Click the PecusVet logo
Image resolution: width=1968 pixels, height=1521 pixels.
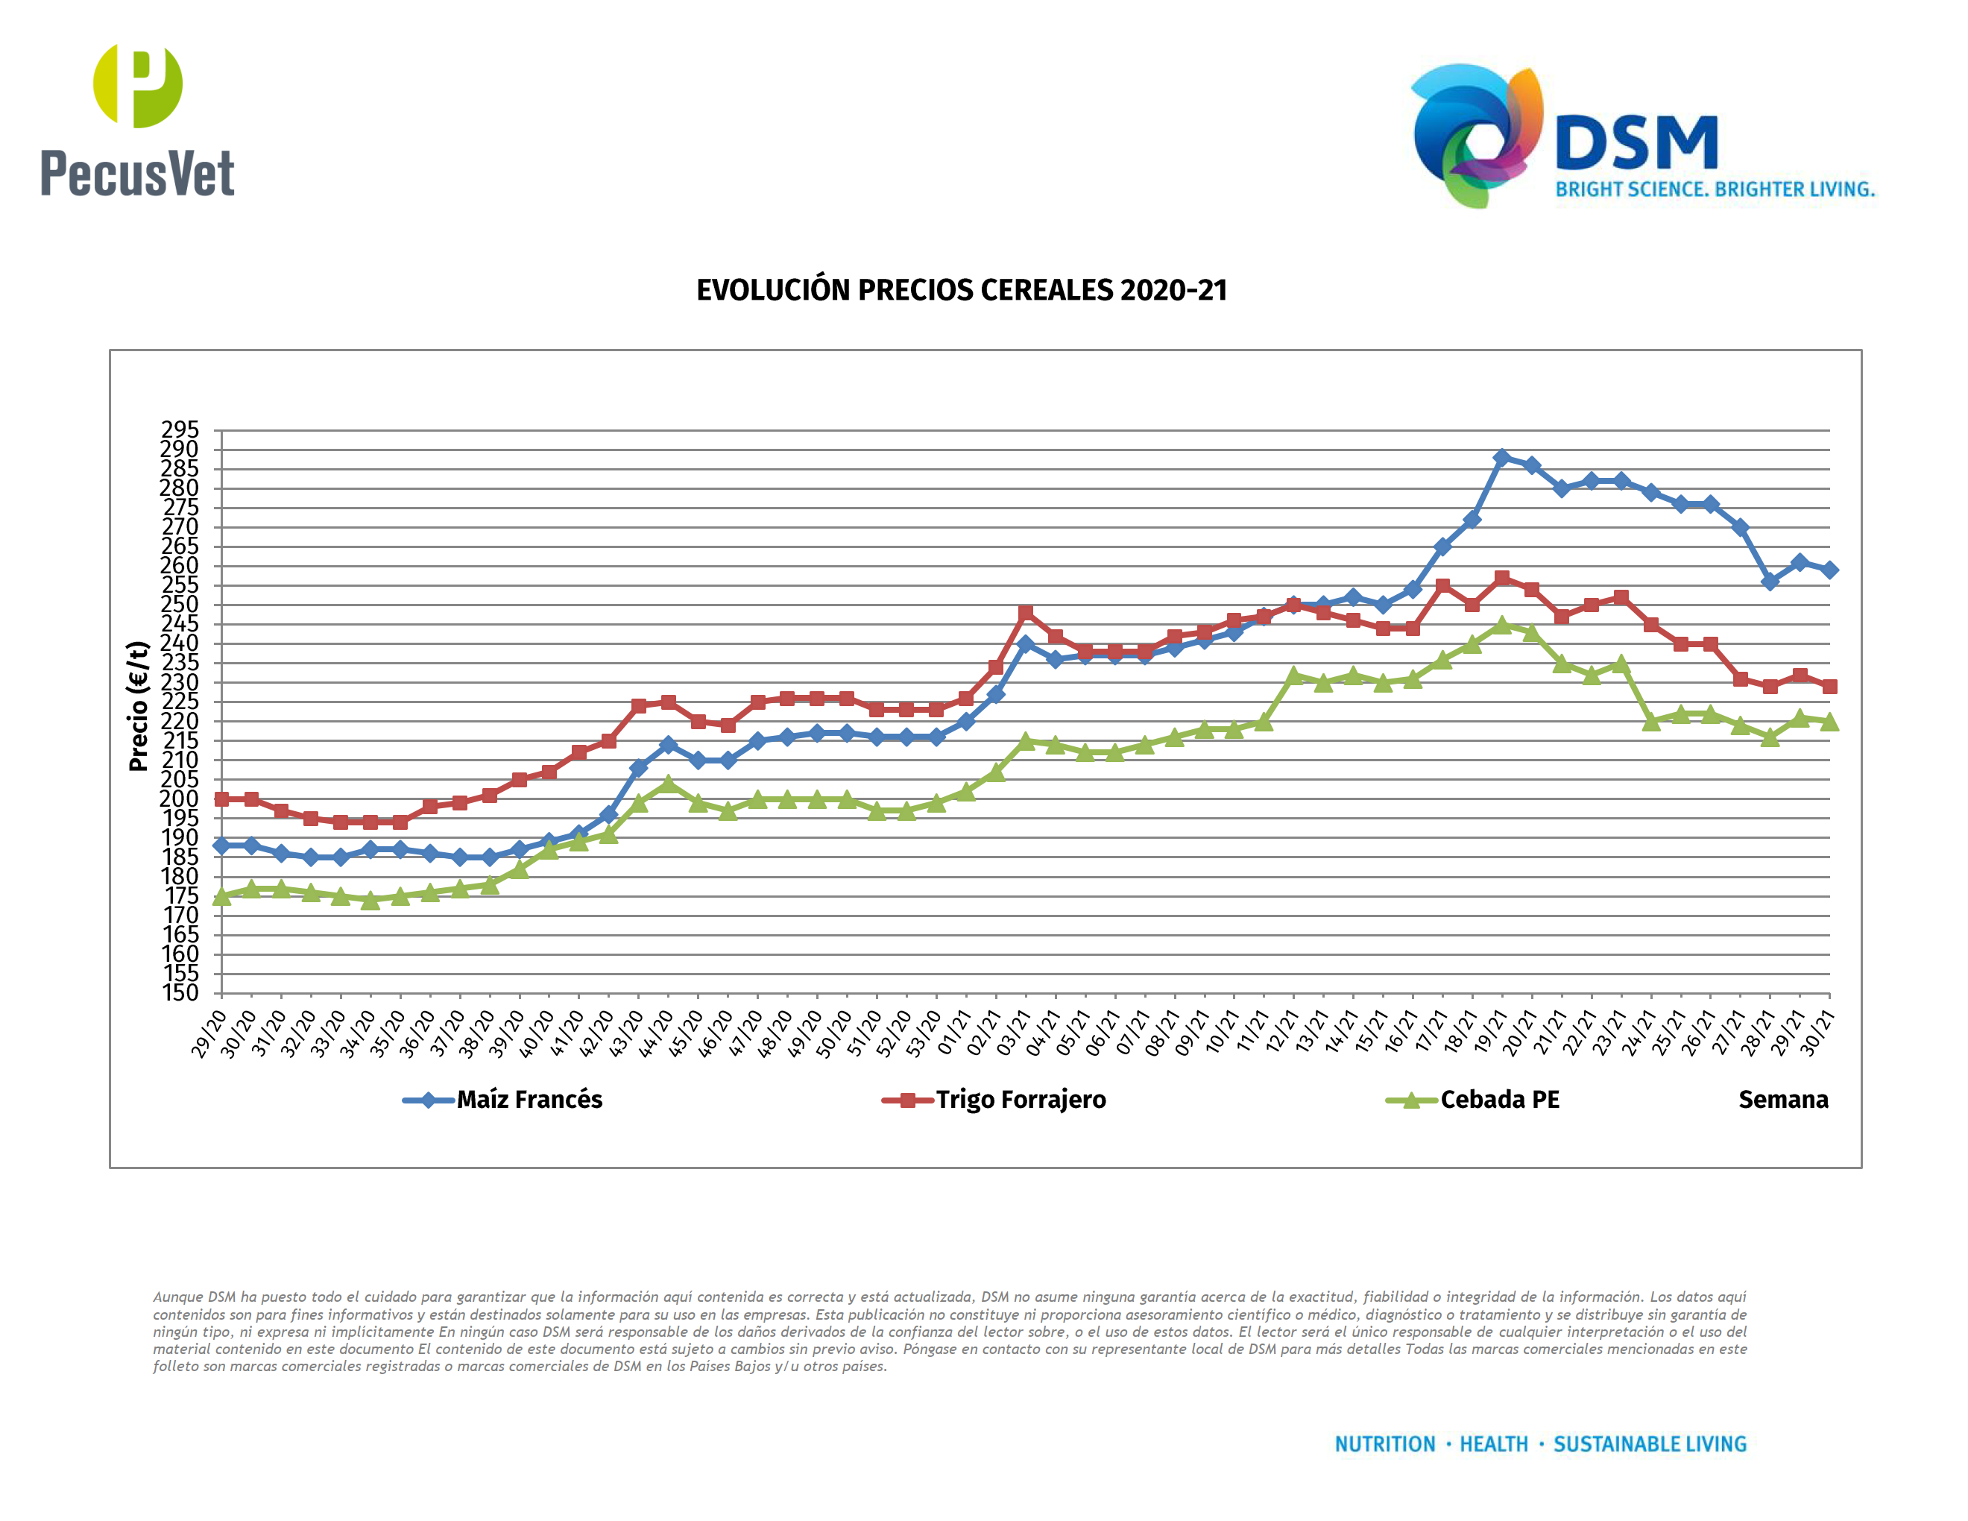(137, 120)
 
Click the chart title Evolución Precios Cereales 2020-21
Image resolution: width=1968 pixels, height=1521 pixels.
(962, 290)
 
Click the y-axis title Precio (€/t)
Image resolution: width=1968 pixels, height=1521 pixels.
(137, 706)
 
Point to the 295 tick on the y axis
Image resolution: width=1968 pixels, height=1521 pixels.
(180, 429)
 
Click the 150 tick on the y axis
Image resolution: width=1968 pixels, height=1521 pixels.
(180, 993)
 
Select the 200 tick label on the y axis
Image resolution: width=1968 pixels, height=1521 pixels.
(180, 799)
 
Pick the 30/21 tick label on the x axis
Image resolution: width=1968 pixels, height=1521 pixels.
(1817, 1033)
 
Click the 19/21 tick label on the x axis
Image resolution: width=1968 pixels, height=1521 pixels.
(1490, 1033)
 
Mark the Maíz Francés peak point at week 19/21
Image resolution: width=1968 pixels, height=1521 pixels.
(1502, 458)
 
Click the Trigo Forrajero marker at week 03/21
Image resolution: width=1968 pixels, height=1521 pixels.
(1026, 613)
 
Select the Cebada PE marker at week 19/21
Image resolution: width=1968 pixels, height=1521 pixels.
(1502, 625)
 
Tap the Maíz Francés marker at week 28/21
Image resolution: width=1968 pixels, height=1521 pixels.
(1770, 582)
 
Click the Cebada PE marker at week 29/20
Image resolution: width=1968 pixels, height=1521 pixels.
(221, 895)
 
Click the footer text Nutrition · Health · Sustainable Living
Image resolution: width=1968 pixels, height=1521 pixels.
(1540, 1444)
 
